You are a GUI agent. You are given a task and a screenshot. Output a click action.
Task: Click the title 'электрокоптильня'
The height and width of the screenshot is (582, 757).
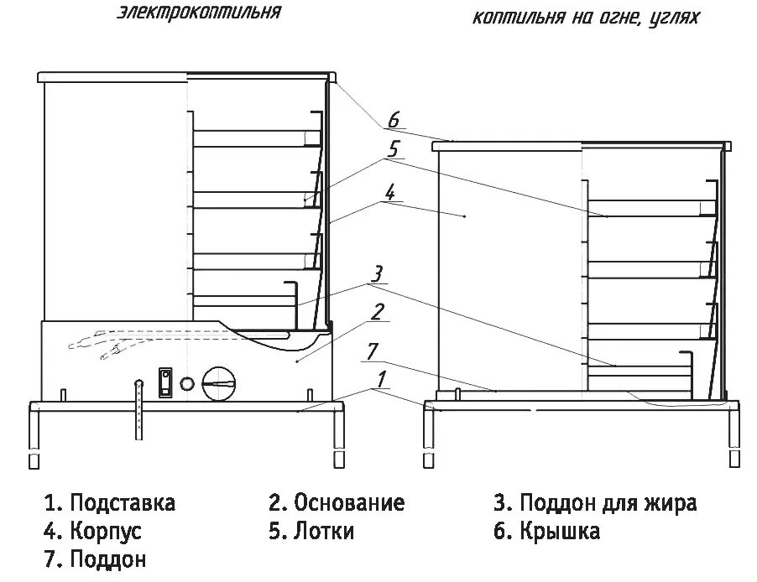coord(198,13)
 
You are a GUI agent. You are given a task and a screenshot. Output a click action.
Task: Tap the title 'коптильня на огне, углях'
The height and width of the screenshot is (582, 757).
coord(585,17)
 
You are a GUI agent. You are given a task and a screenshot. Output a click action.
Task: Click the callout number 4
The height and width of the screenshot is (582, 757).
coord(389,190)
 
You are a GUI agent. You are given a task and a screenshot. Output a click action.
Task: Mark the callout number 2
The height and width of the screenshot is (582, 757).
coord(378,312)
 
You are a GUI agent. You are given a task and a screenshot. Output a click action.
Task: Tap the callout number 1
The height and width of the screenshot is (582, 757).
coord(382,380)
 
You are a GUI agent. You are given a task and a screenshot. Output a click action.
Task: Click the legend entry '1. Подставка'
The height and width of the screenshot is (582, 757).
coord(110,503)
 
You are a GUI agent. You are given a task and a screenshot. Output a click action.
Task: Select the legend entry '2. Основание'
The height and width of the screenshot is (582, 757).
coord(337,503)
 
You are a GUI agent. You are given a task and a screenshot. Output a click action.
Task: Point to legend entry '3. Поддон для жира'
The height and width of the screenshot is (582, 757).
coord(595,503)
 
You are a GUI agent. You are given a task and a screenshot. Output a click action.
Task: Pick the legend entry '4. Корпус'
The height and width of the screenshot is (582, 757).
coord(93,531)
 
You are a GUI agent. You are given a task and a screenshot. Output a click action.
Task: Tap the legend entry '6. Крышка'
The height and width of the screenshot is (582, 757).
coord(546,531)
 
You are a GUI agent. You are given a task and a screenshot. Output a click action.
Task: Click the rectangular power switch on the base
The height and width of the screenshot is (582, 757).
coord(165,382)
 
